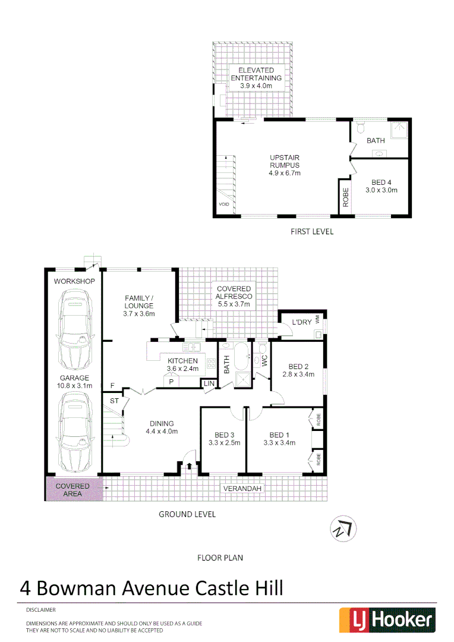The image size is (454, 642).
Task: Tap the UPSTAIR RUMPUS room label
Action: (285, 165)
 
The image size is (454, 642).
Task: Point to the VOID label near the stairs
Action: (223, 204)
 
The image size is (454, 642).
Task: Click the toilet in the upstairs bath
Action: (361, 128)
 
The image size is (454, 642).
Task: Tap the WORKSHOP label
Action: (75, 281)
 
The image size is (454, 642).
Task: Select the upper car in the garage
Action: (74, 330)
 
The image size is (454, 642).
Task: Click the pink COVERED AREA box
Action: (73, 490)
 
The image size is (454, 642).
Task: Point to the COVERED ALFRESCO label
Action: (234, 296)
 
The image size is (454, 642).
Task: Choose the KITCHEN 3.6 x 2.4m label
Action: (182, 364)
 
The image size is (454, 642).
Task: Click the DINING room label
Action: (162, 427)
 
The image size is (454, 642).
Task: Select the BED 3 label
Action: (224, 438)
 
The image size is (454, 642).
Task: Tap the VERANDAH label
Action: (242, 489)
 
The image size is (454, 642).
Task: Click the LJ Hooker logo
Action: (387, 620)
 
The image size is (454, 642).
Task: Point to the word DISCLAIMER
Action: (40, 610)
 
